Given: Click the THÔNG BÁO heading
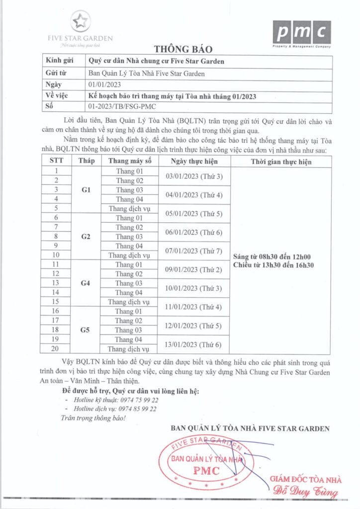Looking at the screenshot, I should (x=183, y=49).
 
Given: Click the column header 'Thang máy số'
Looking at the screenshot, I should (x=130, y=161).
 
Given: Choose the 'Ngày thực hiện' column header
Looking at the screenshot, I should (x=193, y=161).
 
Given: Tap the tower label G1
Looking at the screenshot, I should (x=86, y=190).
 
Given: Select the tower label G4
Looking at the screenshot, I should (x=86, y=283).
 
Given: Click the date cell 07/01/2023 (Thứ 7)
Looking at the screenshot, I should (x=193, y=251).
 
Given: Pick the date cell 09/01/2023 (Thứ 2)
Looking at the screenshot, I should (x=193, y=269).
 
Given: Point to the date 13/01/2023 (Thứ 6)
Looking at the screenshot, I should (x=193, y=343).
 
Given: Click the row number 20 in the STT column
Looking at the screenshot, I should (x=56, y=348).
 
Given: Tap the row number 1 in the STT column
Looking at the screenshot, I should (x=56, y=171).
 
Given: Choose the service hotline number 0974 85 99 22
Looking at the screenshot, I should (x=134, y=409).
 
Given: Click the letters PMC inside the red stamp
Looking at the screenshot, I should (x=206, y=471).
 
